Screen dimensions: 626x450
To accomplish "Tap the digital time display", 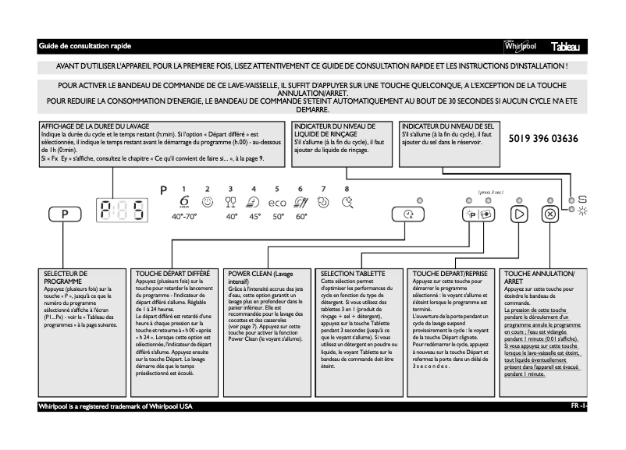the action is click(x=123, y=211).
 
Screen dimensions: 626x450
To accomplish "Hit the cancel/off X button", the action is click(x=550, y=214).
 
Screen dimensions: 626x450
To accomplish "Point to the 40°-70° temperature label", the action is click(x=184, y=217).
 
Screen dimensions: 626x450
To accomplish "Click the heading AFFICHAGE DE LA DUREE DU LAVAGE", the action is click(x=95, y=126).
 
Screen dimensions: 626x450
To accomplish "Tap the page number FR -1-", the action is click(x=578, y=407).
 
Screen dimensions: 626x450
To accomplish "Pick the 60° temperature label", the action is click(x=301, y=217).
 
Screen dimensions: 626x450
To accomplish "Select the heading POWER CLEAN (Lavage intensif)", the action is click(x=261, y=278).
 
